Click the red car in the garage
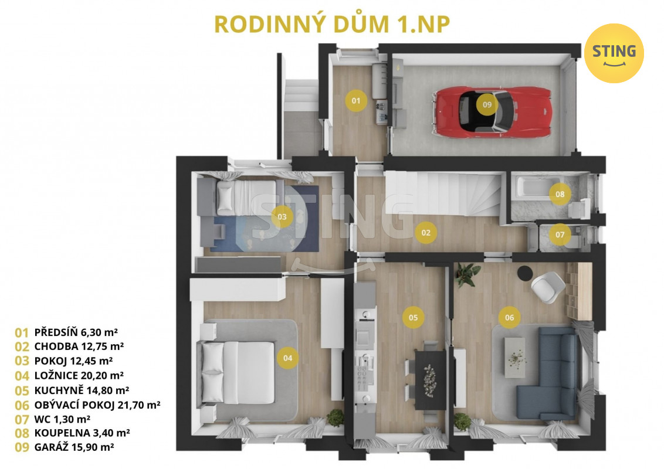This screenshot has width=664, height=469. (492, 112)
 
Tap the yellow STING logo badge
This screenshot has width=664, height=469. (614, 53)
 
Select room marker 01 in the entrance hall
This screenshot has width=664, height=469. (355, 101)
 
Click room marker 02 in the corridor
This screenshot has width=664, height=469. (426, 232)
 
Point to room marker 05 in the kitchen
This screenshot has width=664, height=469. (414, 318)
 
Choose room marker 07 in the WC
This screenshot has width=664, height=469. (560, 235)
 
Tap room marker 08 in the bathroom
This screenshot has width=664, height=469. (560, 194)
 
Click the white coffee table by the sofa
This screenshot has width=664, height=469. (515, 358)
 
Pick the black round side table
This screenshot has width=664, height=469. (526, 273)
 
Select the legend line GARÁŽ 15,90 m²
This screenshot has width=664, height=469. (65, 447)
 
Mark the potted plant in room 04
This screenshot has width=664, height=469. (336, 417)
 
